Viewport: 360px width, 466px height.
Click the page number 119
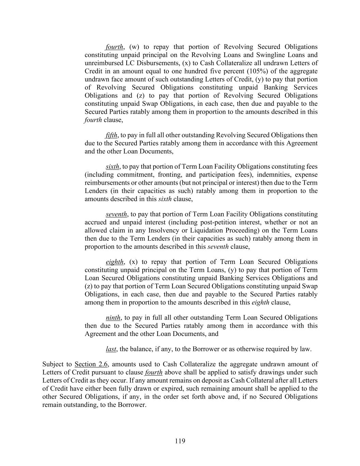tap(180, 441)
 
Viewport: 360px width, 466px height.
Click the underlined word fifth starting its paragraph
tap(111, 135)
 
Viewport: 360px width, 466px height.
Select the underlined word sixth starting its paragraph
tap(112, 167)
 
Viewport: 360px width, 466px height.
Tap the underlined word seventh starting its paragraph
tap(116, 214)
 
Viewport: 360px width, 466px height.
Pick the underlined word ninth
tap(113, 318)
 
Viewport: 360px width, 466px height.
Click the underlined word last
tap(111, 349)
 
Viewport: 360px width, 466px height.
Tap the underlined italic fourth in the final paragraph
tap(154, 372)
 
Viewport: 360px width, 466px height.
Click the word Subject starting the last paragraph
tap(52, 364)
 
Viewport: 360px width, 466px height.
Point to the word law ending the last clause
tap(306, 349)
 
